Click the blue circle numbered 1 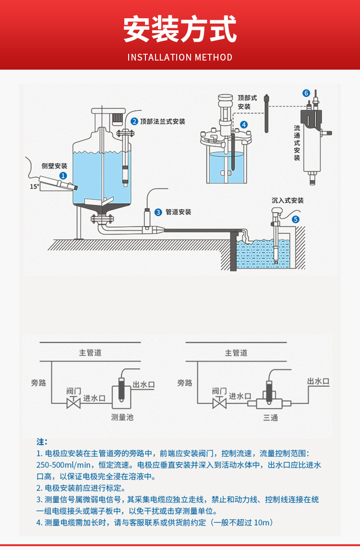point(63,175)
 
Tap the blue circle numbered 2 point(134,122)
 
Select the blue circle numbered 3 point(158,212)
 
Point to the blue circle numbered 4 point(244,124)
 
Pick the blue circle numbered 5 point(296,219)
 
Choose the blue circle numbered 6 point(306,93)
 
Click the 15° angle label point(35,186)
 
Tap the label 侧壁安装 point(54,166)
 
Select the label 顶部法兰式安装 point(163,122)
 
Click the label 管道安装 point(179,212)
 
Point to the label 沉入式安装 point(288,200)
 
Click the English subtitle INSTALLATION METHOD point(180,57)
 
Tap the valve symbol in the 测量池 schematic point(73,403)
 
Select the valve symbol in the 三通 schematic point(219,403)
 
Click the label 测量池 point(122,417)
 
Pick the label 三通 point(271,417)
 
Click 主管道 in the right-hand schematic point(236,353)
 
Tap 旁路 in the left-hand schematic point(38,383)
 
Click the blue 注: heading point(42,441)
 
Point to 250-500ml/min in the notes point(63,465)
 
